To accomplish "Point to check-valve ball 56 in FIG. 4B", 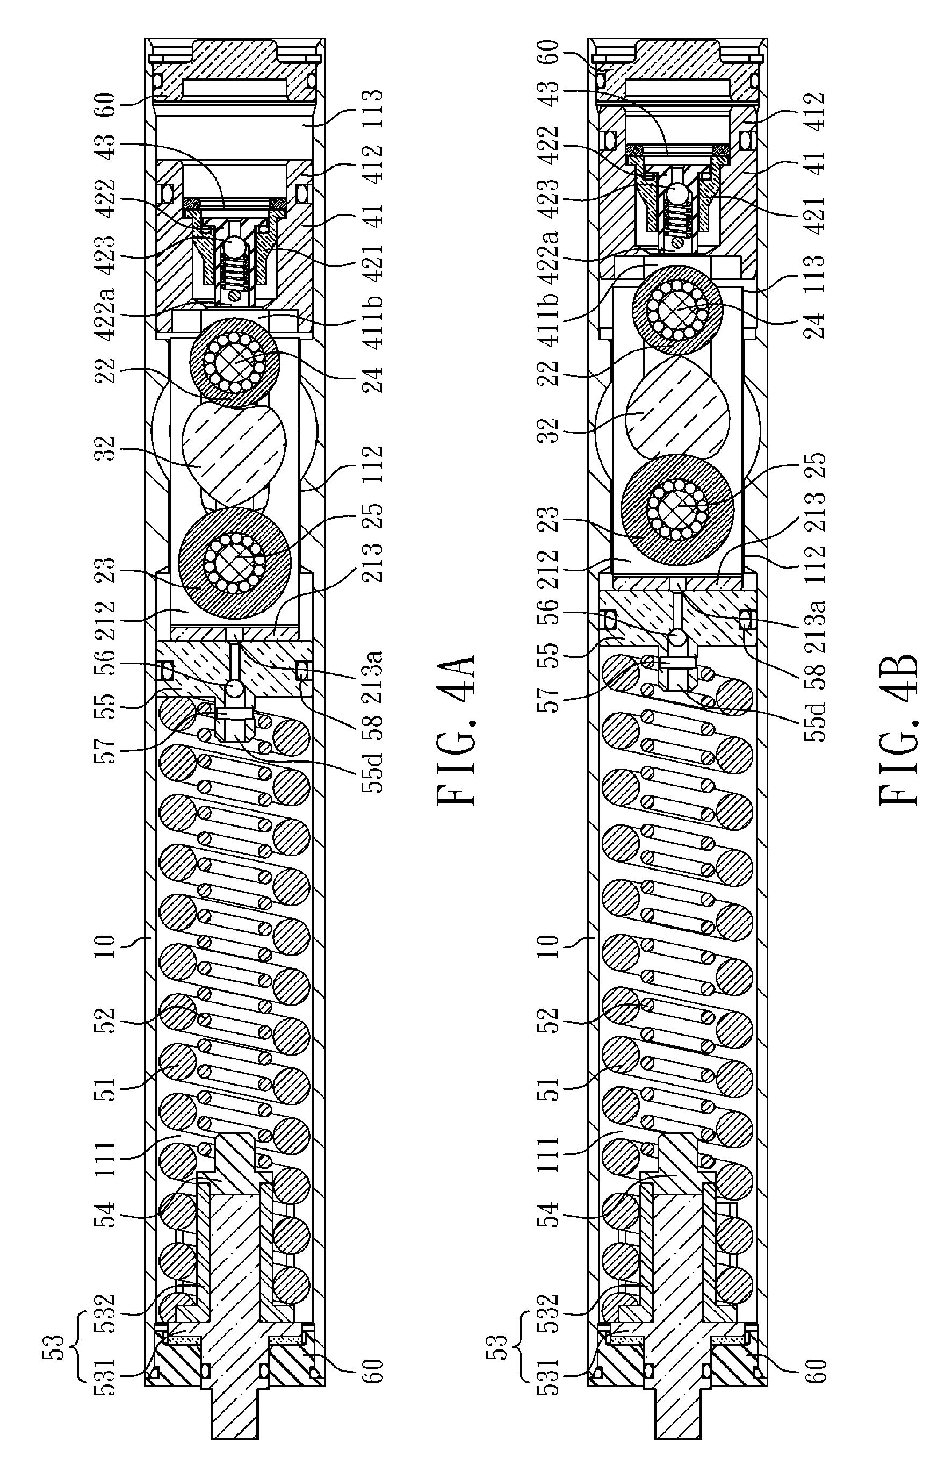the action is pos(677,636).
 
